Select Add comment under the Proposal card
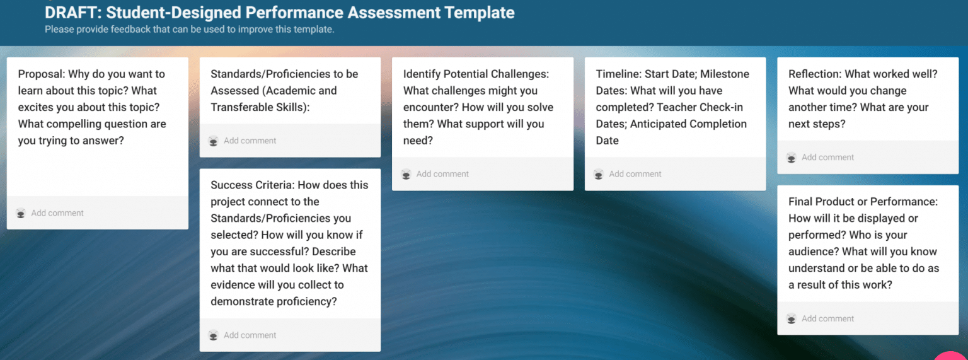point(57,213)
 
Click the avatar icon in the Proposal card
point(21,213)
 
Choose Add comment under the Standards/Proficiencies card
point(250,141)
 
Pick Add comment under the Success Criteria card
point(250,335)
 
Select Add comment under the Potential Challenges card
point(442,174)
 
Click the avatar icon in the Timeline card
point(598,174)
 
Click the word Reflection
point(814,74)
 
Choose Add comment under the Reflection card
point(827,158)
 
